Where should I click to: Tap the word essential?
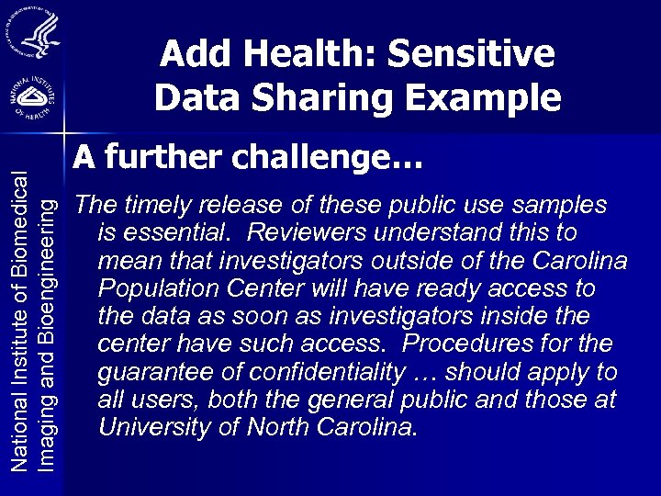click(x=186, y=231)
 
